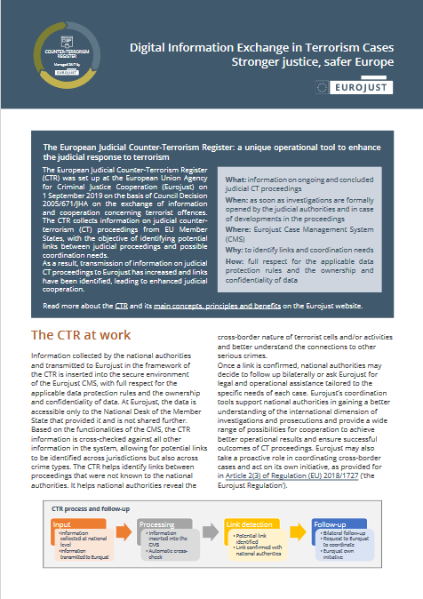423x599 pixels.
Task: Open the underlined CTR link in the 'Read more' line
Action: point(121,306)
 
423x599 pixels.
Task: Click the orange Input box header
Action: point(61,523)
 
